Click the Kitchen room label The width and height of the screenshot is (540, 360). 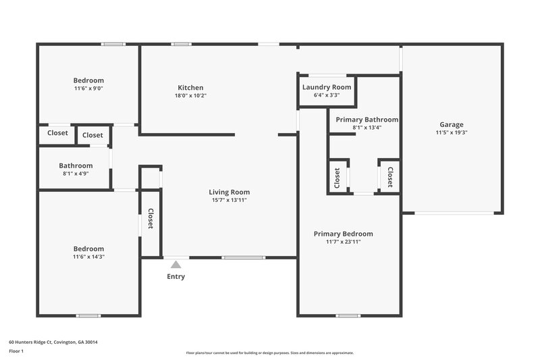[190, 88]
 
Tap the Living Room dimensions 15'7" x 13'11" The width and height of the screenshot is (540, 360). [230, 200]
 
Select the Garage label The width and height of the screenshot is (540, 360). [452, 125]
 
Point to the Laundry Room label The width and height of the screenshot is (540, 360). [327, 87]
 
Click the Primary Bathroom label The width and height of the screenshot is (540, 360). [367, 120]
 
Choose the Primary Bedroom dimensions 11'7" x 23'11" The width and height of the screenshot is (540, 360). [344, 242]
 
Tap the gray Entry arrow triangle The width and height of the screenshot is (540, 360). [176, 264]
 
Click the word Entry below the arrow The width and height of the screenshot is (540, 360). [176, 276]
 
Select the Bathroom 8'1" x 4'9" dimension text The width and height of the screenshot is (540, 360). [76, 174]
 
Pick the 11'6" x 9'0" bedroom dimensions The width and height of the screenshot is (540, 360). [89, 88]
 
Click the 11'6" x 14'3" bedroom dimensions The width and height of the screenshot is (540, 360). [89, 257]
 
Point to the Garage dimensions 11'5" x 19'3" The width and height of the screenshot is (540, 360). [452, 132]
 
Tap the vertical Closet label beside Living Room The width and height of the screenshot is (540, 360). [151, 218]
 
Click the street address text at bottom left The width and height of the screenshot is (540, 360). [53, 342]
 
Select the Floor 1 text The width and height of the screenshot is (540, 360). [16, 351]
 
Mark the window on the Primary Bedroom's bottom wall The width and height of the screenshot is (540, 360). [348, 315]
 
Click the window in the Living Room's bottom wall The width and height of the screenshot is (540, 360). [244, 257]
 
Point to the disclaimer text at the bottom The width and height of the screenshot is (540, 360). [270, 353]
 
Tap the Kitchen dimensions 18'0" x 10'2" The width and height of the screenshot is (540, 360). [190, 95]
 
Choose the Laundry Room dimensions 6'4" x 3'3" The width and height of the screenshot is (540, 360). [327, 95]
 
